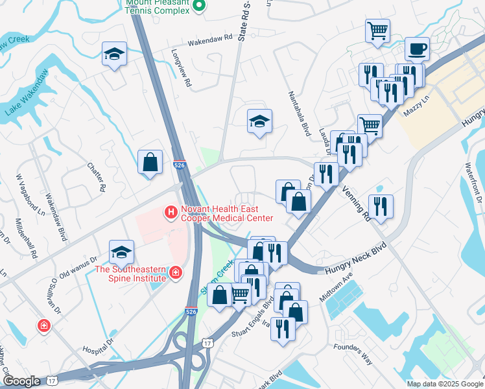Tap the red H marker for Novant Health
click(171, 212)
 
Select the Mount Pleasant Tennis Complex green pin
click(200, 6)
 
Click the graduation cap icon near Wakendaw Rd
click(114, 54)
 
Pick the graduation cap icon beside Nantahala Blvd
click(259, 121)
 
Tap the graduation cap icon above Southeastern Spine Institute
click(121, 252)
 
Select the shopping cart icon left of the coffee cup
click(378, 30)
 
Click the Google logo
click(21, 381)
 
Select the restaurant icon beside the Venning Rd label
click(381, 207)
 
